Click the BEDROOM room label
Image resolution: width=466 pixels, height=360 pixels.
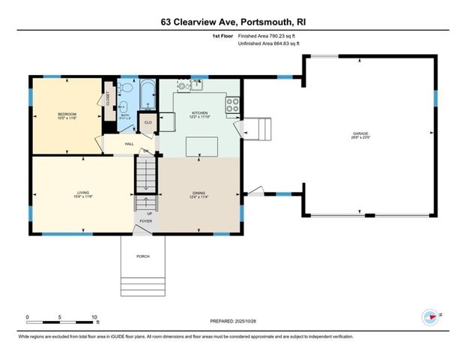[66, 113]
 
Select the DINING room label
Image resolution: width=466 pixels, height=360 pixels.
[197, 194]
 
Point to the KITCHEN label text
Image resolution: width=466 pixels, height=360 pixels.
[199, 112]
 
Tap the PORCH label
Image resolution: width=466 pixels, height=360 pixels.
[142, 256]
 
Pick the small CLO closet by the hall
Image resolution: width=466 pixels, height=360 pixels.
[148, 122]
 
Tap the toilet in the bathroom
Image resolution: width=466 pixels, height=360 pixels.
[124, 106]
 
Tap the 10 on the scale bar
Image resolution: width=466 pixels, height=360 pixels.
[95, 318]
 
